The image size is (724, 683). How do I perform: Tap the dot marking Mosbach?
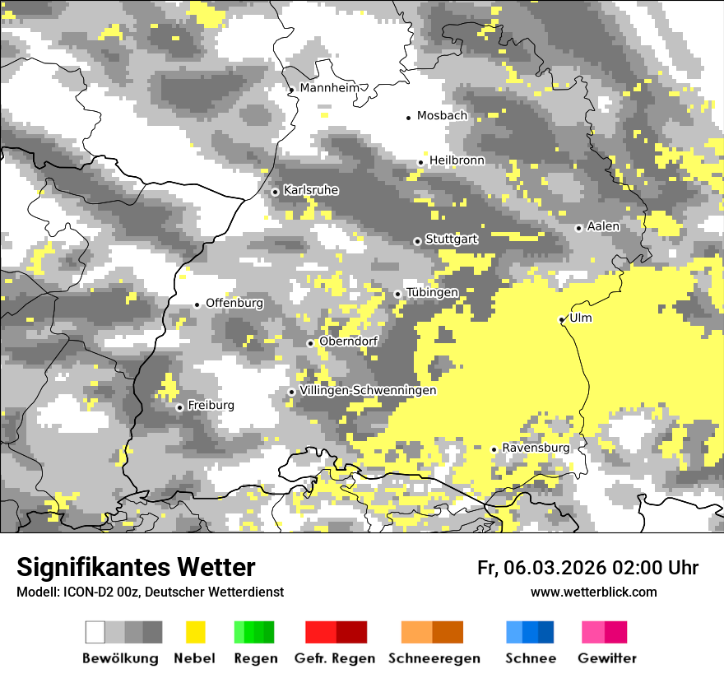point(408,118)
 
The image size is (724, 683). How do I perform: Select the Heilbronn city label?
point(457,160)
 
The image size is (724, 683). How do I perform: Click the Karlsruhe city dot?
point(275,192)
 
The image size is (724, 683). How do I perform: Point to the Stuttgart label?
point(452,239)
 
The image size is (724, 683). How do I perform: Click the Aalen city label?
point(603,226)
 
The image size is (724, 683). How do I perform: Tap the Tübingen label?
point(432,293)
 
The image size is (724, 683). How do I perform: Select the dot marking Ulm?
point(561,319)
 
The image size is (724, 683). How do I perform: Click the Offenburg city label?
point(234,303)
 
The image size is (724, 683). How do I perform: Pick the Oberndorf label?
point(348,341)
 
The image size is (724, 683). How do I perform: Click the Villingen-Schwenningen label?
point(368,390)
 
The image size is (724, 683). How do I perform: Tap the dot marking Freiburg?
point(179,407)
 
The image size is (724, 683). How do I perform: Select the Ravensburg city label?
point(536,448)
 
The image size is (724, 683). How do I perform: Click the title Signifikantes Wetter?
point(136,568)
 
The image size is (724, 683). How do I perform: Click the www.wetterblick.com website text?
point(593,592)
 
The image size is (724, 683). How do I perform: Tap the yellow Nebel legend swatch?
point(195,632)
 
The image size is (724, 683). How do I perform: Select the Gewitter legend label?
point(607,658)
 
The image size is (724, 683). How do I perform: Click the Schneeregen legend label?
point(434,658)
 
